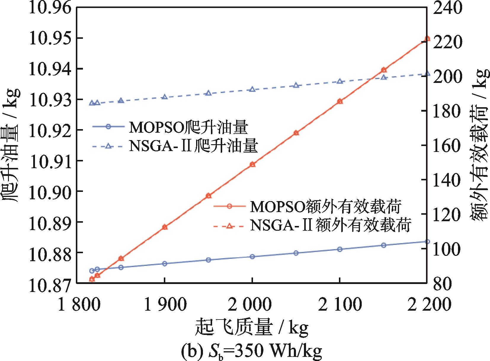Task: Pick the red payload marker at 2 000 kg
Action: [252, 164]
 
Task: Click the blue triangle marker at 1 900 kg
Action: [165, 97]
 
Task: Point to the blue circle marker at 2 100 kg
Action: [340, 249]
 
